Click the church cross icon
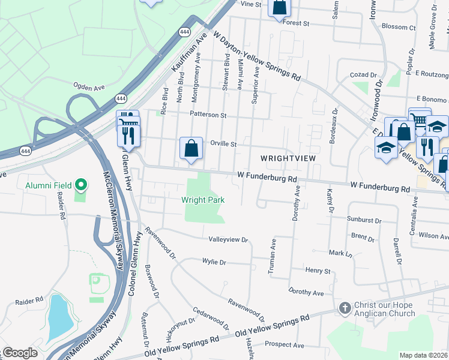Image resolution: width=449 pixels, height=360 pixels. [345, 308]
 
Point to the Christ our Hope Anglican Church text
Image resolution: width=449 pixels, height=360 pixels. [384, 309]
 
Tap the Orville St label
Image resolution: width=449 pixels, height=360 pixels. [224, 144]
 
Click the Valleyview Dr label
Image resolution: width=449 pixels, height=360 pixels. [228, 239]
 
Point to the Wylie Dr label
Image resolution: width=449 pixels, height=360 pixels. [214, 262]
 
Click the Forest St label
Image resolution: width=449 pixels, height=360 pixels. [297, 23]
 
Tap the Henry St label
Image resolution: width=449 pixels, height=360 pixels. [318, 271]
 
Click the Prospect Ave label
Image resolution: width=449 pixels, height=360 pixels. [285, 345]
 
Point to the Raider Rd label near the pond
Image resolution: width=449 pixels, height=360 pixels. [29, 299]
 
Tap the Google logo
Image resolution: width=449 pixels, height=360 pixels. [20, 353]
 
